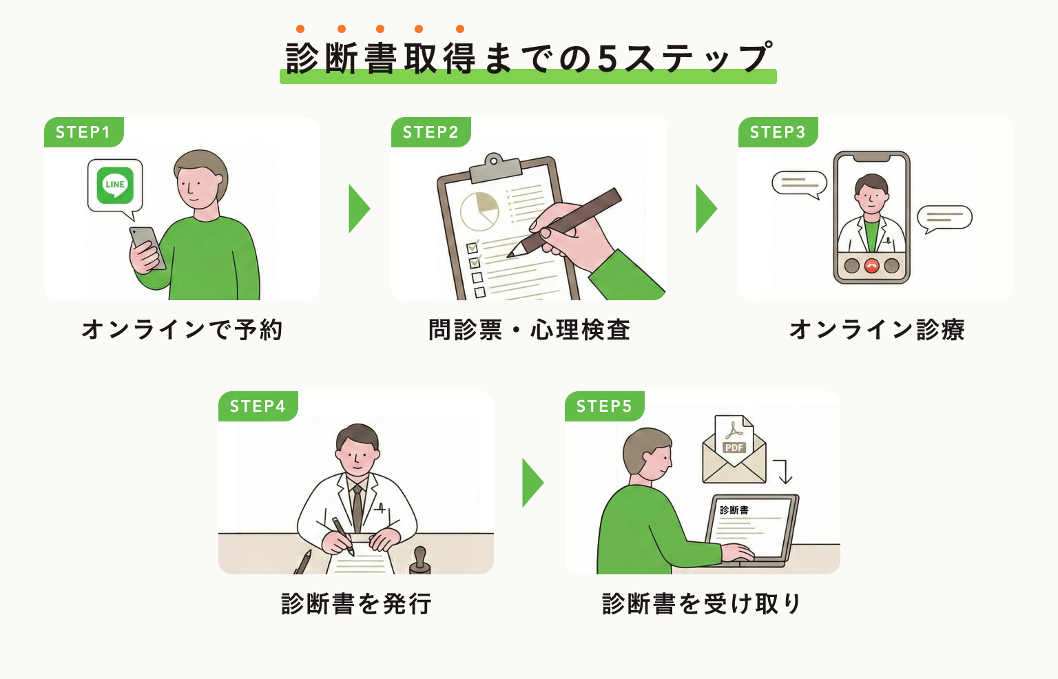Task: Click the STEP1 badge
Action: tap(83, 132)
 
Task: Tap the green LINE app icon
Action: tap(115, 185)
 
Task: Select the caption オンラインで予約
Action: tap(182, 330)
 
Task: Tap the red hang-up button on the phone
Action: tap(872, 266)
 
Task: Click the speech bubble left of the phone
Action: tap(799, 183)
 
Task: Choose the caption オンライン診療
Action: tap(876, 330)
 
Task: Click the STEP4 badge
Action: tap(258, 406)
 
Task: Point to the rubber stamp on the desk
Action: tap(419, 561)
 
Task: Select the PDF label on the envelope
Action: tap(734, 448)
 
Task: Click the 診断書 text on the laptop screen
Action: tap(734, 510)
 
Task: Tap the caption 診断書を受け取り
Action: tap(701, 604)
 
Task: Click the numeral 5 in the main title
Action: tap(608, 59)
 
